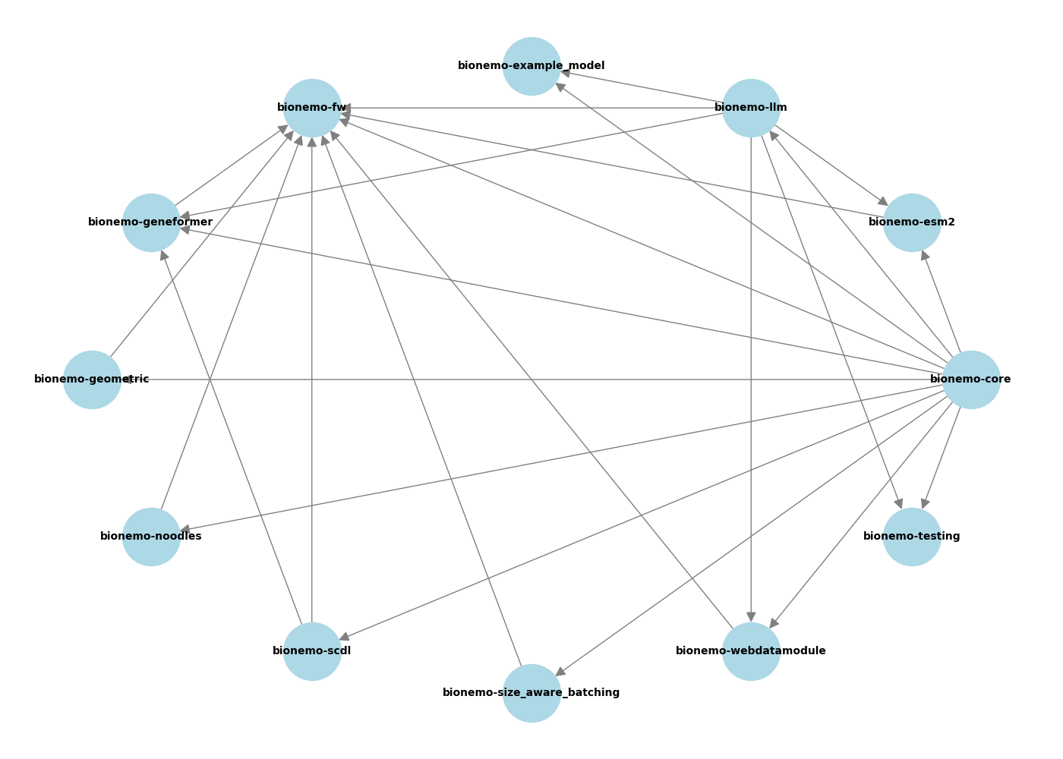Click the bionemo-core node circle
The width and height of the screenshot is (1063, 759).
click(971, 379)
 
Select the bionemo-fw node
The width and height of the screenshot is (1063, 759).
click(312, 108)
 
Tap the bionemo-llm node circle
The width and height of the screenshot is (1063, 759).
click(751, 108)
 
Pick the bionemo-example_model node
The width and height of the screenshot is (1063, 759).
click(531, 66)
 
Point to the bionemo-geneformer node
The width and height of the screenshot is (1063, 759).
click(151, 222)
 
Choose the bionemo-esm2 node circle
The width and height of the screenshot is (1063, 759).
click(912, 222)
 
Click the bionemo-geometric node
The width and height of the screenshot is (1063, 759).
click(92, 379)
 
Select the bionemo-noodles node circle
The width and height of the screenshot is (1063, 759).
click(151, 537)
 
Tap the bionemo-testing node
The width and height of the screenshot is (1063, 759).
click(912, 537)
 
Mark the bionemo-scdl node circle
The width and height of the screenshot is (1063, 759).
click(312, 651)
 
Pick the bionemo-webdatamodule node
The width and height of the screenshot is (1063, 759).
click(751, 651)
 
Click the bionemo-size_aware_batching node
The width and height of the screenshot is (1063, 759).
click(531, 693)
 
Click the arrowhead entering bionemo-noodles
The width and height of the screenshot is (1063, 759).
click(185, 530)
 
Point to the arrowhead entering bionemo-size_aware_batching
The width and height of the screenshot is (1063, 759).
click(560, 672)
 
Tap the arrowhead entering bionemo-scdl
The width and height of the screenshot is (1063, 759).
click(344, 637)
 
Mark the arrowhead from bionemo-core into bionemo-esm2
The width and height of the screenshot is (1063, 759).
click(924, 255)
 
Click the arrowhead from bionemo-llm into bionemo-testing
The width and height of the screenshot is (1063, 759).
click(899, 503)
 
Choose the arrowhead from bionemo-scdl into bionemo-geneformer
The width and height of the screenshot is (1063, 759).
click(163, 255)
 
